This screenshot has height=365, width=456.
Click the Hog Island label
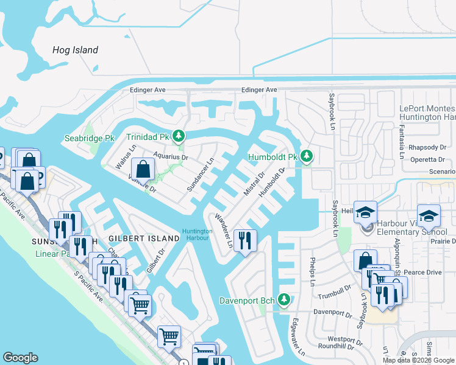76,50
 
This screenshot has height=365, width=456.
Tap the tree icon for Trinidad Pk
179,136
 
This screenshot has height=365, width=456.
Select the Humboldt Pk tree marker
307,157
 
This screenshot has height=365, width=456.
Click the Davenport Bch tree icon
283,300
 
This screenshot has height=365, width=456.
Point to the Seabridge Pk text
90,138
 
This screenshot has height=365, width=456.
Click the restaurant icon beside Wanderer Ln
245,240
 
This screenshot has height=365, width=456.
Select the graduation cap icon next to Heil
366,212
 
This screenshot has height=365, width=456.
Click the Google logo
20,358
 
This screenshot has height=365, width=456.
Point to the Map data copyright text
419,360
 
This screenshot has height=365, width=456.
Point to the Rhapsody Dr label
426,147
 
